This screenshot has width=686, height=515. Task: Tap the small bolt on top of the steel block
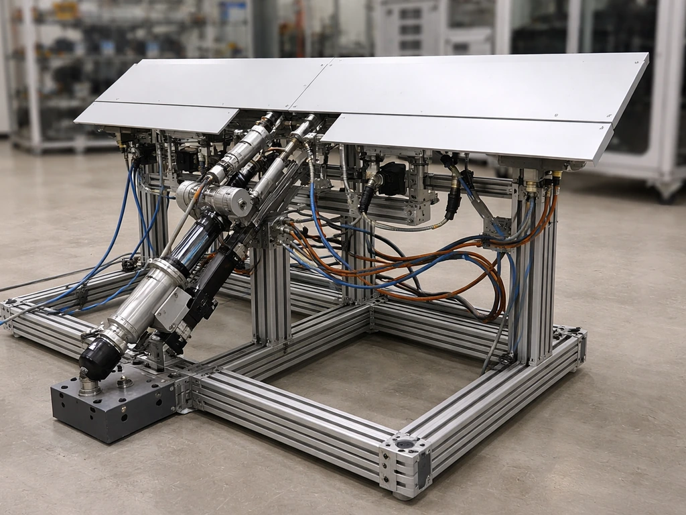click(124, 382)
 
